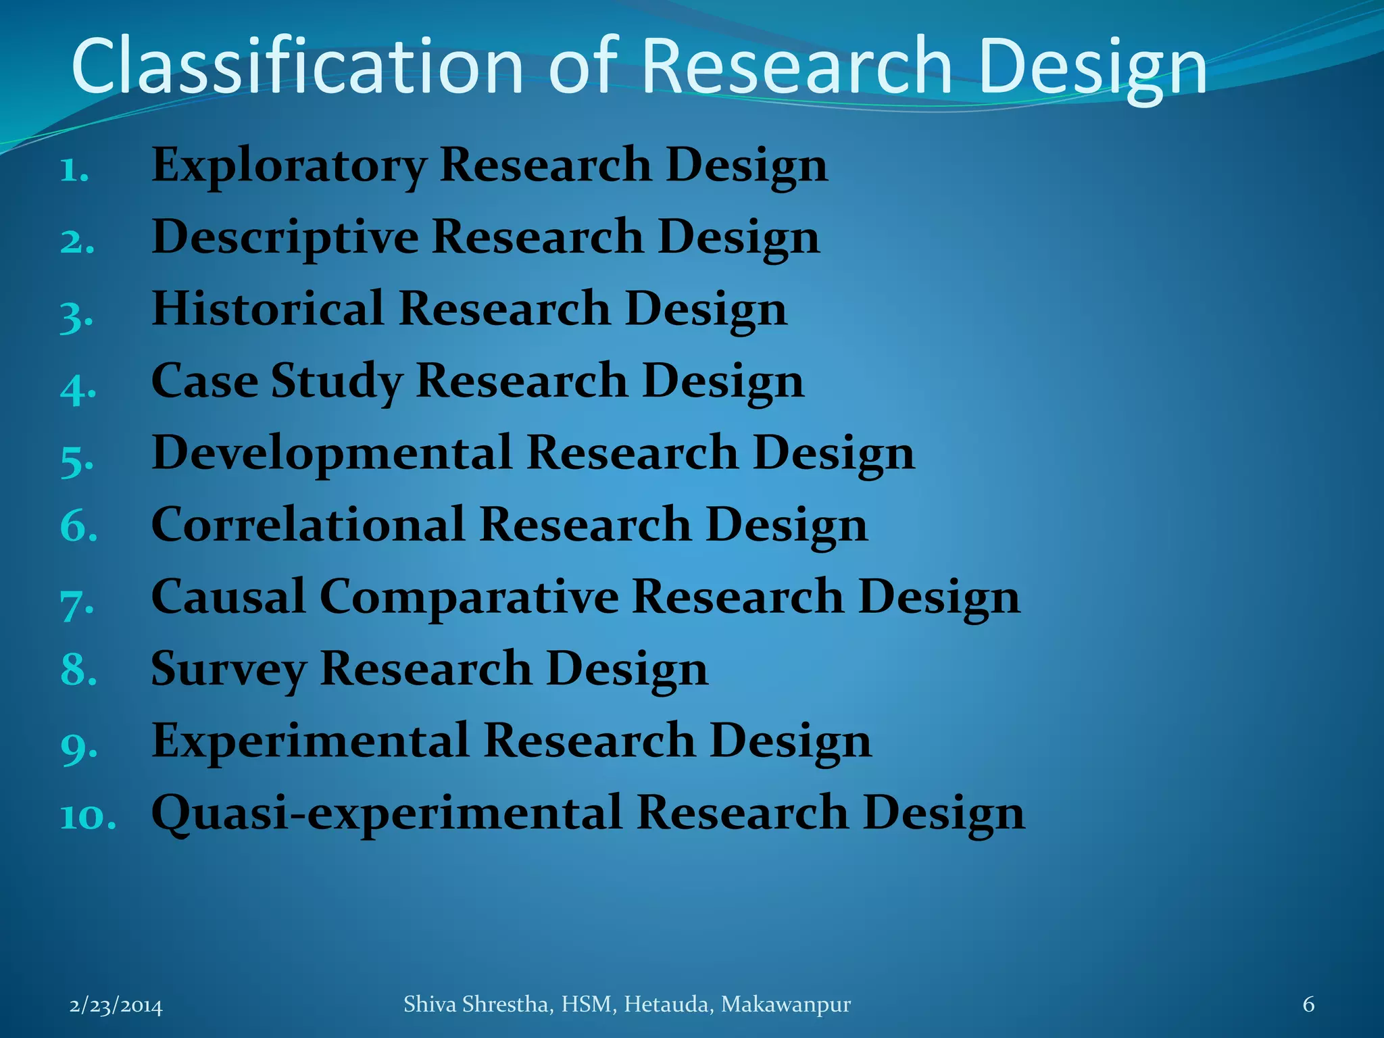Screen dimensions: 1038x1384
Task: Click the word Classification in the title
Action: pyautogui.click(x=297, y=66)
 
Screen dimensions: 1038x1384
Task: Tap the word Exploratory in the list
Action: pyautogui.click(x=289, y=165)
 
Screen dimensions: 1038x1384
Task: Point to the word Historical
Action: pyautogui.click(x=268, y=309)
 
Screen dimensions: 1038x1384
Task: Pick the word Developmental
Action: pyautogui.click(x=331, y=453)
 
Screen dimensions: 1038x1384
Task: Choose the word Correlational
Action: pyautogui.click(x=308, y=524)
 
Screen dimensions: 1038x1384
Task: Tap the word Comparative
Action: pyautogui.click(x=469, y=597)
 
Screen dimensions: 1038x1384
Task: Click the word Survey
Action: pyautogui.click(x=228, y=669)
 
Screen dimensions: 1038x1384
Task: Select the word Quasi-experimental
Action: pyautogui.click(x=386, y=812)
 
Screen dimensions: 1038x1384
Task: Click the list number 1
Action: pyautogui.click(x=74, y=170)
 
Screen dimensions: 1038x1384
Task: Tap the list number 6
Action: pyautogui.click(x=78, y=526)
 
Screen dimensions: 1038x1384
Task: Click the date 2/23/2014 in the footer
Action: pyautogui.click(x=116, y=1006)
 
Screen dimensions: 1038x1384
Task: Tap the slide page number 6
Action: pyautogui.click(x=1308, y=1005)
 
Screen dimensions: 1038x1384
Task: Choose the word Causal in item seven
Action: pyautogui.click(x=228, y=597)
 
